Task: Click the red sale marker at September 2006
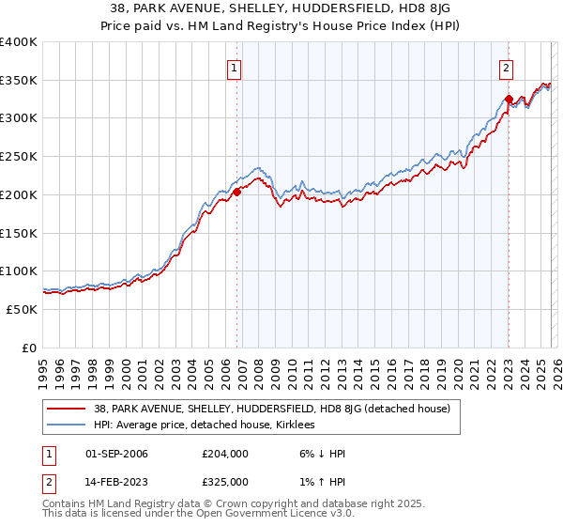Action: tap(236, 192)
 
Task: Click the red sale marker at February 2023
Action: tap(509, 99)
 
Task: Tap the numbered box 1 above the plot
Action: tap(233, 67)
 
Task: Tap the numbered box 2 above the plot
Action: tap(506, 67)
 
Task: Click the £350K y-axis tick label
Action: tap(18, 80)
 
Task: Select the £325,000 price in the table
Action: tap(225, 481)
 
